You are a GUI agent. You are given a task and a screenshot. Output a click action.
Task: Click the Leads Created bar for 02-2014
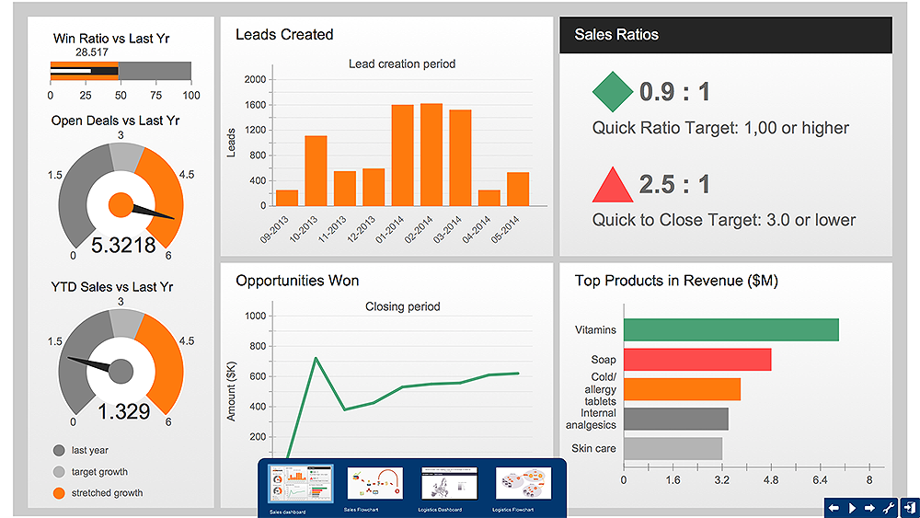click(431, 155)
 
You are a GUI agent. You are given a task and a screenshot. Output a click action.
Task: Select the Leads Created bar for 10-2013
click(316, 171)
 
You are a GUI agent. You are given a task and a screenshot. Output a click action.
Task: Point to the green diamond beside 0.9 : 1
click(612, 91)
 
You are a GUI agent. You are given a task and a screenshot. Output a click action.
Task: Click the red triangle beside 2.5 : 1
click(613, 185)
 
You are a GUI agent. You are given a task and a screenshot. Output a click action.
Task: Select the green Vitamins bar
click(730, 330)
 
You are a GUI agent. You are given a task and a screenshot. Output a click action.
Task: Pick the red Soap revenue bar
click(696, 359)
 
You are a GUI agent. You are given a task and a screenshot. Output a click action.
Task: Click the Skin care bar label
click(594, 448)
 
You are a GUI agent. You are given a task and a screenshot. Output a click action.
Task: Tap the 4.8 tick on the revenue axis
click(771, 480)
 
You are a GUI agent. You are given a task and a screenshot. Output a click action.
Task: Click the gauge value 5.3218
click(122, 246)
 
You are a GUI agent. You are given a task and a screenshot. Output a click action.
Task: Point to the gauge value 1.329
click(123, 411)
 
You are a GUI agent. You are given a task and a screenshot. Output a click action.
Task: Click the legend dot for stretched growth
click(60, 493)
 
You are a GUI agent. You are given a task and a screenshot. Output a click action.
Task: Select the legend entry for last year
click(89, 451)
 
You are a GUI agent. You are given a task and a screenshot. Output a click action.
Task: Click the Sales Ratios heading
click(616, 35)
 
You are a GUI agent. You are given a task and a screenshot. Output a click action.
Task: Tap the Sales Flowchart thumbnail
click(374, 484)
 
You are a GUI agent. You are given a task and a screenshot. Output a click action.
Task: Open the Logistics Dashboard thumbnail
click(449, 484)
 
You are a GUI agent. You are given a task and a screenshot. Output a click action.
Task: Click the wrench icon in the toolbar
click(889, 507)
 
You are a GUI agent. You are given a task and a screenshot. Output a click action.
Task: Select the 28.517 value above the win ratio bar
click(92, 53)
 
